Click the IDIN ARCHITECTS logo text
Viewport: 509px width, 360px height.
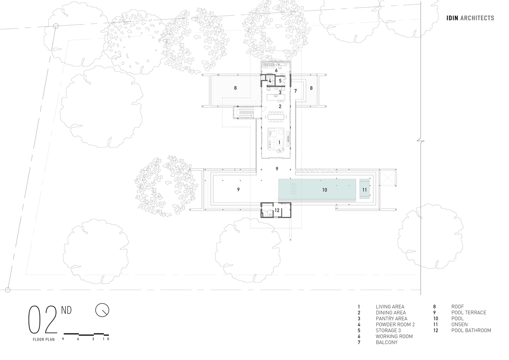tap(470, 18)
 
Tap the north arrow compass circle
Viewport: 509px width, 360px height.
tap(102, 310)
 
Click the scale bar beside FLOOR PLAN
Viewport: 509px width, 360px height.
tap(86, 334)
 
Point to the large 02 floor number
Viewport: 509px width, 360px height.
tap(42, 320)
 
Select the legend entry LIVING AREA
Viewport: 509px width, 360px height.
tap(390, 307)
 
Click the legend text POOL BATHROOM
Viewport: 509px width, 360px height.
tap(471, 330)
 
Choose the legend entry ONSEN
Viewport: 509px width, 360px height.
tap(459, 324)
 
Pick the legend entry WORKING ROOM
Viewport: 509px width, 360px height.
tap(394, 336)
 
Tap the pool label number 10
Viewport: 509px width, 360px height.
tap(324, 190)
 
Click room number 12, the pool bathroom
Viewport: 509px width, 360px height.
tap(277, 210)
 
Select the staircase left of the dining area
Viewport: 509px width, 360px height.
tap(245, 113)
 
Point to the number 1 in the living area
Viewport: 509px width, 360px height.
tap(279, 142)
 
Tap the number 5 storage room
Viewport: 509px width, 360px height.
tap(280, 81)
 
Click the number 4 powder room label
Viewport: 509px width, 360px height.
tap(270, 81)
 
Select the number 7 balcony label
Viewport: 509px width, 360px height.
tap(295, 91)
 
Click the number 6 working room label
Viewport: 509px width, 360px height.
tap(276, 71)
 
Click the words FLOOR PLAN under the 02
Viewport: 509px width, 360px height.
tap(44, 339)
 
